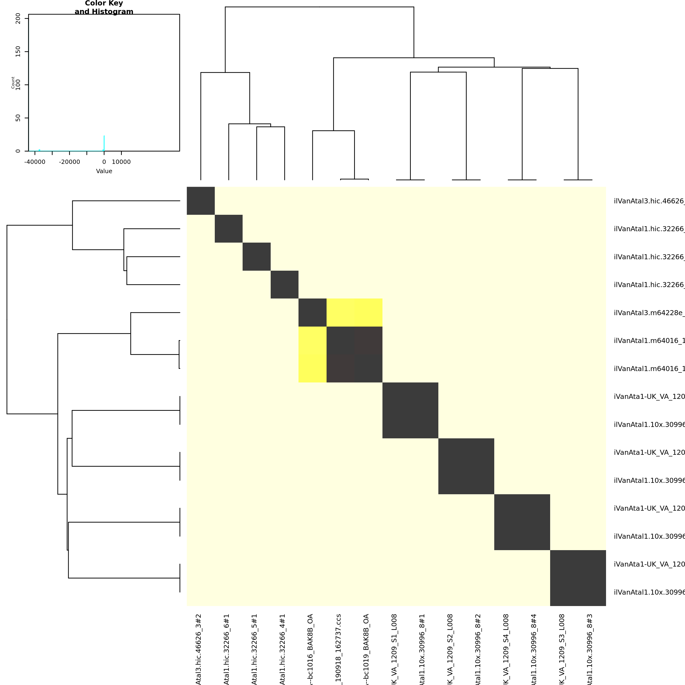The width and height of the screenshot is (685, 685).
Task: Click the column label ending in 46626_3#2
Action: tap(199, 649)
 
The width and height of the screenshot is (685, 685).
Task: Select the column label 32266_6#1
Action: tap(227, 649)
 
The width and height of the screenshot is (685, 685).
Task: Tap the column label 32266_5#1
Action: tap(254, 649)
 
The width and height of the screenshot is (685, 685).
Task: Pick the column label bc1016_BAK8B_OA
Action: tap(311, 649)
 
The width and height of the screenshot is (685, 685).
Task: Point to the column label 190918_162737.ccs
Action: tap(339, 649)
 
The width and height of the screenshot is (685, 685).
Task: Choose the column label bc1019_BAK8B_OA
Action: tap(367, 649)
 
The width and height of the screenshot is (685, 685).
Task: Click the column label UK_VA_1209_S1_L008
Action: tap(394, 649)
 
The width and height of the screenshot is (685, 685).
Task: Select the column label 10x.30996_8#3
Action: tap(590, 649)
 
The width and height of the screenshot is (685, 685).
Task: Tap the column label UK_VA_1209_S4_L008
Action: tap(506, 649)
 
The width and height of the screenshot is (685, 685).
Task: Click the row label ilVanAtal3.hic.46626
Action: tap(649, 201)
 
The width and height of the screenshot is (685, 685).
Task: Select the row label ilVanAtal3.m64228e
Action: tap(649, 313)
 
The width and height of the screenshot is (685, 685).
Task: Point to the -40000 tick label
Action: tap(35, 162)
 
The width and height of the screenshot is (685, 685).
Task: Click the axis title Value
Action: tap(104, 171)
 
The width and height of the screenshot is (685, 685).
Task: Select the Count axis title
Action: tap(13, 83)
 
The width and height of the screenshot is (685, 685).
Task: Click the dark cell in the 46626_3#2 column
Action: tap(201, 201)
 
